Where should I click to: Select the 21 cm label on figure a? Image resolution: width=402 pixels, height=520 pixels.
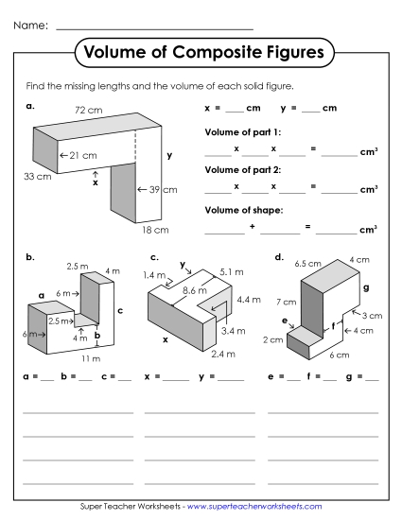81,154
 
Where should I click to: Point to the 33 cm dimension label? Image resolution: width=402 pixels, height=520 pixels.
37,177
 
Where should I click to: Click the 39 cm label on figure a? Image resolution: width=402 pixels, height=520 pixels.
161,190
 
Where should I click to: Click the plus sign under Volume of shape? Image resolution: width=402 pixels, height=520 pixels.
253,227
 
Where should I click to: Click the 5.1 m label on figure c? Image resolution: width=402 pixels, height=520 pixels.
231,271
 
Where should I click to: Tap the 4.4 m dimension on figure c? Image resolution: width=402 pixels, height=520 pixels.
247,299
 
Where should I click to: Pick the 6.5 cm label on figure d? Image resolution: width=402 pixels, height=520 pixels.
305,263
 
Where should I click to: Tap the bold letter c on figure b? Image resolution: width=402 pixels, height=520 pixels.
120,310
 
